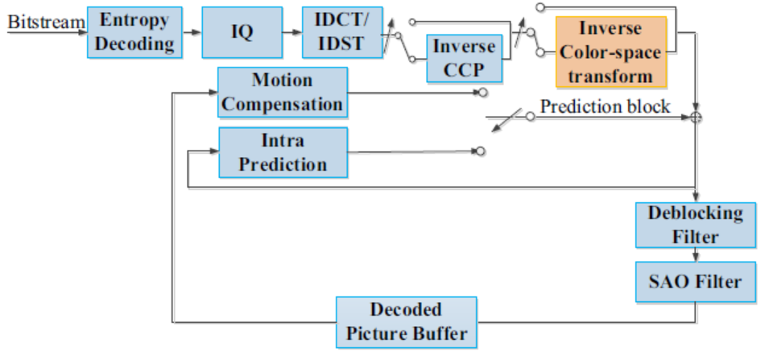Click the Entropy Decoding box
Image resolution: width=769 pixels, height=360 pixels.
pos(134,32)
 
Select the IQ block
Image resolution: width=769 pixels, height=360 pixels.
pos(242,32)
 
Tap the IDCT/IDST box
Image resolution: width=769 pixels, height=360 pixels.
pos(342,32)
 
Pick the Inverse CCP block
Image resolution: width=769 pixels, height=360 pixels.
pos(465,58)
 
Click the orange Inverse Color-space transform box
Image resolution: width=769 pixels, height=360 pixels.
pos(611,52)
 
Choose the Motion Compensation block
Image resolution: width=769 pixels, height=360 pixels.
pos(283,92)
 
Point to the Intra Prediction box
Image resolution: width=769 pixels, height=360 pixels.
pos(283,152)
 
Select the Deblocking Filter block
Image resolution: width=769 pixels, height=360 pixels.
pos(696,226)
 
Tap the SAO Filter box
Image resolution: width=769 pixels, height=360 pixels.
pos(696,282)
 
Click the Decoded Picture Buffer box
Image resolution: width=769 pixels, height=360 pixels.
pos(406,322)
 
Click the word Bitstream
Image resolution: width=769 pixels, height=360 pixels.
pos(47,23)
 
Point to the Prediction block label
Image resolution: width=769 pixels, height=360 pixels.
pos(606,106)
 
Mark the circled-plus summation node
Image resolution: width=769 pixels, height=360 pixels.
pos(696,118)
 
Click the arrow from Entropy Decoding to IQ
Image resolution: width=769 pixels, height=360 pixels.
pos(192,32)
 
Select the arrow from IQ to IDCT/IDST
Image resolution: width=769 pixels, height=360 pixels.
pos(292,32)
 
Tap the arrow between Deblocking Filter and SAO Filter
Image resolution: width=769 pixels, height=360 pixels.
pos(696,254)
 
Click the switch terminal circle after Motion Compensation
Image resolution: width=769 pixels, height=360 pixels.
pos(483,93)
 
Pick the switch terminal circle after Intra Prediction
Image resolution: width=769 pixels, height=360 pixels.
pos(481,151)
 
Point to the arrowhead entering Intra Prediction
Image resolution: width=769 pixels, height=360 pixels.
pos(214,151)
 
